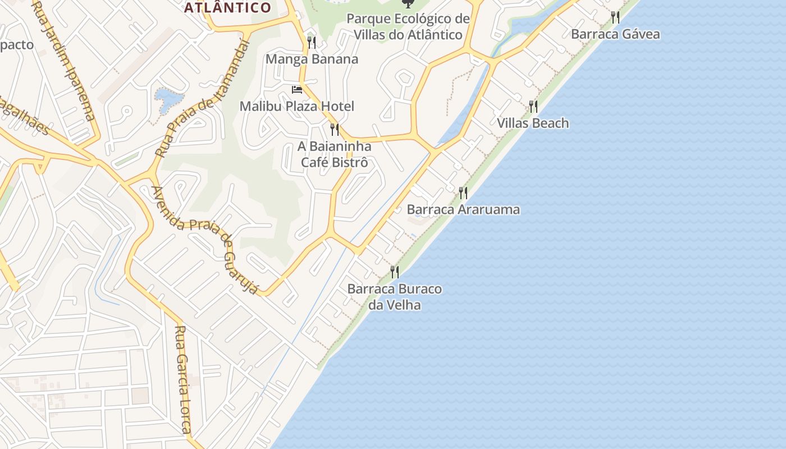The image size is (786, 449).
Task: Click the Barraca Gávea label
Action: (x=615, y=34)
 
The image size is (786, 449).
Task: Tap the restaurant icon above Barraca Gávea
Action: (x=615, y=17)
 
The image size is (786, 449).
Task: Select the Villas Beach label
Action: (x=533, y=123)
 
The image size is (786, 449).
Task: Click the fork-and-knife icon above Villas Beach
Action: (x=533, y=106)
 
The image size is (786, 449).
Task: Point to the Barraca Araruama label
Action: (x=463, y=209)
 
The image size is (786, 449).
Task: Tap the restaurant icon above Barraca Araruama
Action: (x=463, y=193)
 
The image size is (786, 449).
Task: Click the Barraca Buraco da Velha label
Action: (x=395, y=297)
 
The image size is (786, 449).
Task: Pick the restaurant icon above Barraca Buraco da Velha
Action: (x=395, y=272)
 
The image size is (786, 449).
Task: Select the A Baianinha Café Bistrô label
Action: (x=335, y=154)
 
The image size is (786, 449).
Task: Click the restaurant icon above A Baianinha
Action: (x=335, y=130)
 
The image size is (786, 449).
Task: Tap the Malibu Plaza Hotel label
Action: (x=297, y=106)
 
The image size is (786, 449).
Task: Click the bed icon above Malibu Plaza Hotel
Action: (x=297, y=90)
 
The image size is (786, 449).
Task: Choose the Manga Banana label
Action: (x=312, y=59)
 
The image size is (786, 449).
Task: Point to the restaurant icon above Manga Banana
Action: (x=312, y=42)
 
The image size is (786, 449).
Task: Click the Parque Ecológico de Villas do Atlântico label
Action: (x=408, y=26)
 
